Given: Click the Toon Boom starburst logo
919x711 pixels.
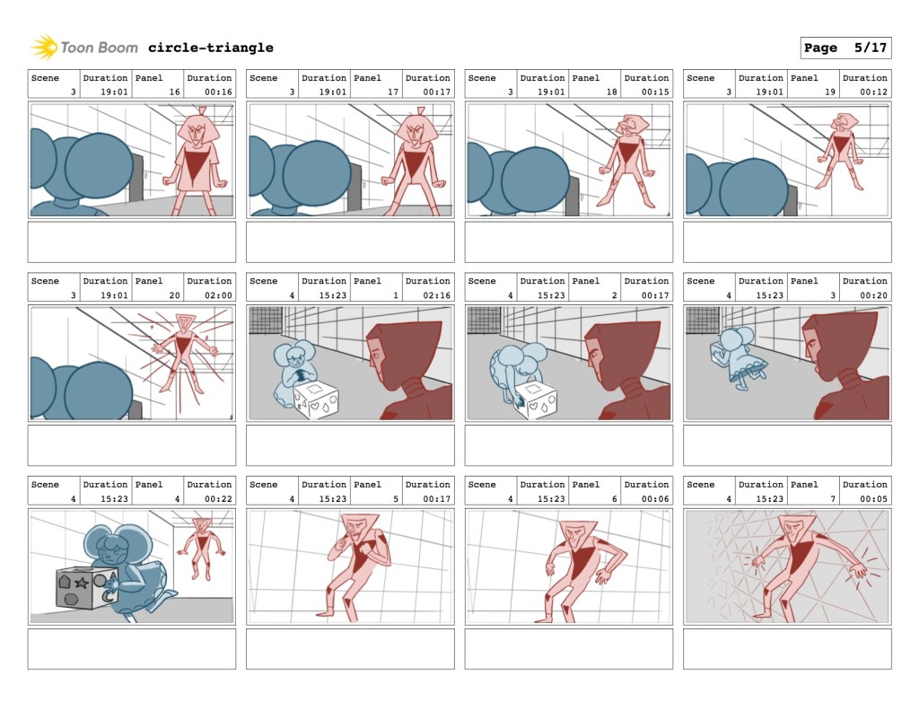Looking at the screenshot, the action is coord(44,48).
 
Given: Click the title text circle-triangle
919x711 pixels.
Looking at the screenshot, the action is coord(210,48).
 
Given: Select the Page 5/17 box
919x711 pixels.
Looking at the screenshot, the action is coord(845,48).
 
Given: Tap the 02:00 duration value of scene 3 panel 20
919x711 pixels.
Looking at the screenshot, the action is coord(218,295).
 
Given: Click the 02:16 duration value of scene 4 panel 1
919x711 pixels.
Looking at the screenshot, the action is coord(437,295).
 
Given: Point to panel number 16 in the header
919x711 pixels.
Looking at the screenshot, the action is coord(175,92).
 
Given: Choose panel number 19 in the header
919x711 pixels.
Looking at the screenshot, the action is coord(830,92).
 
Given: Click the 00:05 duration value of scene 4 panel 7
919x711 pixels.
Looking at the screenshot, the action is coord(873,499).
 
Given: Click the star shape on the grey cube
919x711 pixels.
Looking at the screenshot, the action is coord(82,583).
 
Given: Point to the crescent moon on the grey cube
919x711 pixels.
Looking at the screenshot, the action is coord(109,596).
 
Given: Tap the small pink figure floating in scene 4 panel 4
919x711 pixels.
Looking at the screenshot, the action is coord(202,548).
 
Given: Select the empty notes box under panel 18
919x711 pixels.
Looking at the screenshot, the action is coord(568,242).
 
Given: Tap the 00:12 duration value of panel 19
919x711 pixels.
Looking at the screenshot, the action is coord(873,92).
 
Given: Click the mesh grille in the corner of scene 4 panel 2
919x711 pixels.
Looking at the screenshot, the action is coord(484,320).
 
